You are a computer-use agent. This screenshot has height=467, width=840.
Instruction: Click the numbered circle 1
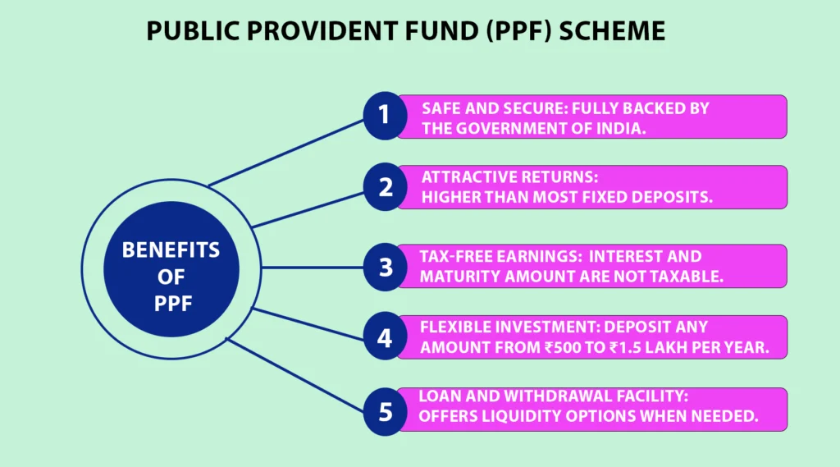pyautogui.click(x=385, y=116)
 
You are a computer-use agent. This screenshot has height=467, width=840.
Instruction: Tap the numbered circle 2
pyautogui.click(x=385, y=187)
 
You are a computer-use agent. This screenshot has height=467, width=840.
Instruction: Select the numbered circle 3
pyautogui.click(x=385, y=267)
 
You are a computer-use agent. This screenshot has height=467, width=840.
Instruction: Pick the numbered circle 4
pyautogui.click(x=385, y=338)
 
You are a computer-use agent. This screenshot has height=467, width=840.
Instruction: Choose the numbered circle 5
pyautogui.click(x=385, y=410)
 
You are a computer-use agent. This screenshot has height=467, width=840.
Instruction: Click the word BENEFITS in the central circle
pyautogui.click(x=171, y=250)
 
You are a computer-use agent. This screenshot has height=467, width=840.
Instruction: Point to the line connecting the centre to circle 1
pyautogui.click(x=287, y=151)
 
